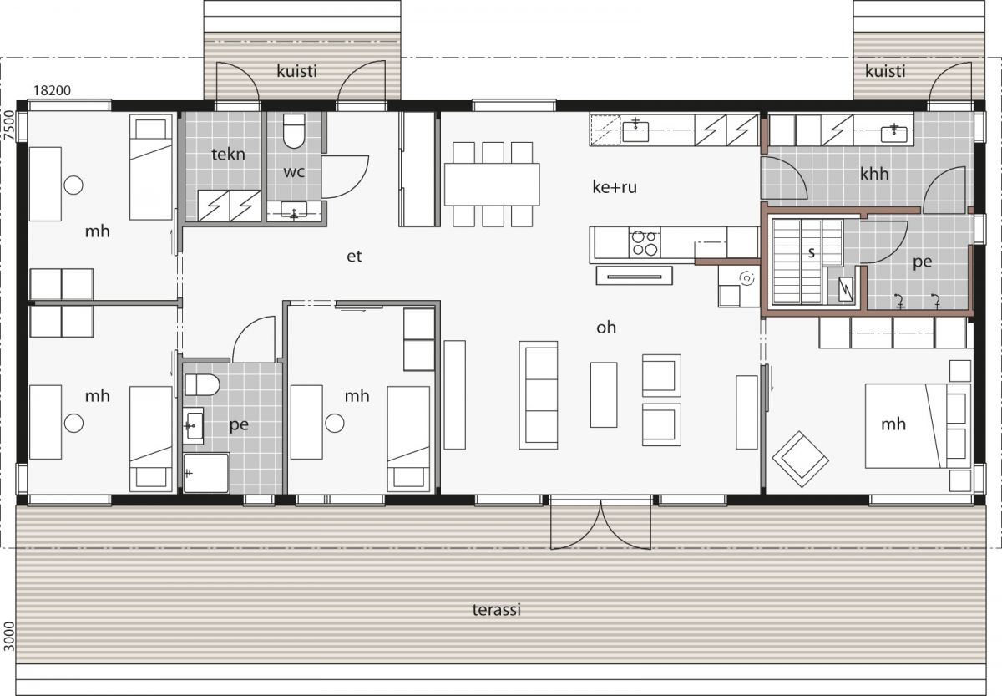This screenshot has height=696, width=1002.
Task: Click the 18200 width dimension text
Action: (51, 89)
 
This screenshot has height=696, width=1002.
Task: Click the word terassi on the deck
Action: (495, 610)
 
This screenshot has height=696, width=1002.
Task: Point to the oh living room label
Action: (606, 328)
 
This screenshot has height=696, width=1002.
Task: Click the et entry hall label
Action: (354, 257)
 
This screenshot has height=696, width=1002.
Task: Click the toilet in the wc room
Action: (295, 130)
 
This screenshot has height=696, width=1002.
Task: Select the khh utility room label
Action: (874, 174)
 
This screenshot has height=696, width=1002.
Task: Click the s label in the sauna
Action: (810, 251)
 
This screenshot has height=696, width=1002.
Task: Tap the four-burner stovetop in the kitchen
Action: (644, 242)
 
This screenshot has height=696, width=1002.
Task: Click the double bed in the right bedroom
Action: (906, 425)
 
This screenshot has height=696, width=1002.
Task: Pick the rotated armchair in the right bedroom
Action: (800, 459)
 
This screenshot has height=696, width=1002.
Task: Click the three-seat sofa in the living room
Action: (538, 394)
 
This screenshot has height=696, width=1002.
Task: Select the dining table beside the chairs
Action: (491, 184)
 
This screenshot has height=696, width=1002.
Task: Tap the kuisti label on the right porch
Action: (885, 71)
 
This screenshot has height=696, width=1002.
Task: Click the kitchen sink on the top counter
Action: (635, 130)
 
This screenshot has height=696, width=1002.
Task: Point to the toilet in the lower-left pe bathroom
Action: (201, 385)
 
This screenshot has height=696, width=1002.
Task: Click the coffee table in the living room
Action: (603, 394)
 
